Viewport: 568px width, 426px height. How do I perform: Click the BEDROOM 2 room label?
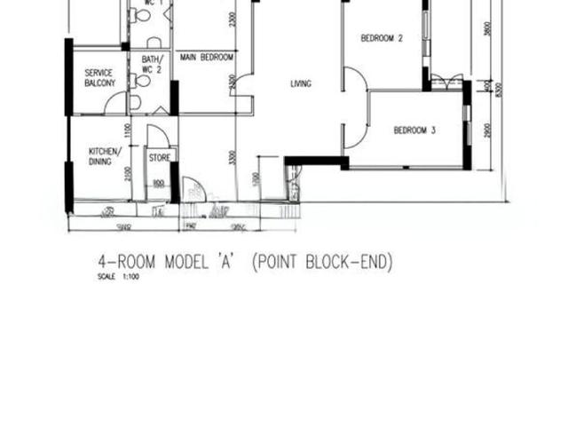pyautogui.click(x=383, y=38)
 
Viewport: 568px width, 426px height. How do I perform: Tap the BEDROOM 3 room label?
pyautogui.click(x=414, y=130)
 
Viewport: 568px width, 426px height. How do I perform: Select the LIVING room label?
pyautogui.click(x=301, y=84)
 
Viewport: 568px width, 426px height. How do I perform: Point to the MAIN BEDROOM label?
pyautogui.click(x=206, y=57)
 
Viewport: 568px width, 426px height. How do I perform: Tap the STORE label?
pyautogui.click(x=159, y=158)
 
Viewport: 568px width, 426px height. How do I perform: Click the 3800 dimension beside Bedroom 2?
pyautogui.click(x=487, y=27)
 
